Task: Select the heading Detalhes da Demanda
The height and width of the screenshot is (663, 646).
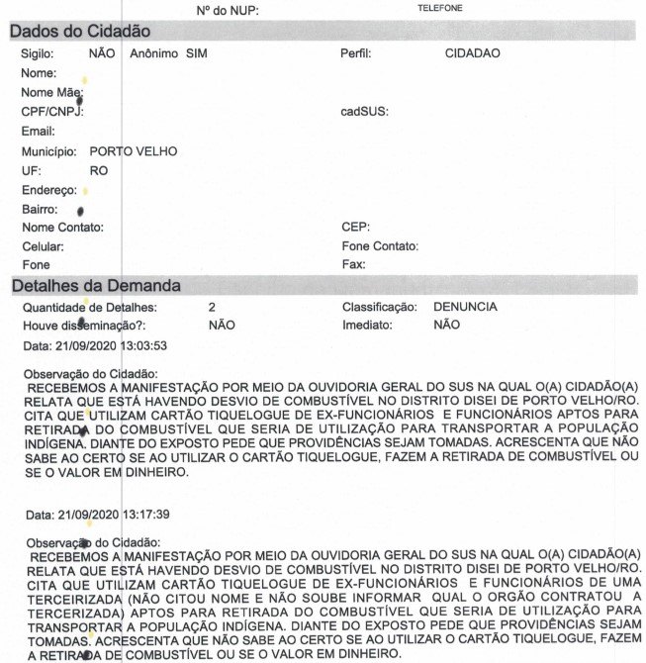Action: pos(95,286)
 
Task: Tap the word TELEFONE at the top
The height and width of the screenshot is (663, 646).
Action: pos(440,8)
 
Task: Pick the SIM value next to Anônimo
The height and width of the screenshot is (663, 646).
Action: pos(197,52)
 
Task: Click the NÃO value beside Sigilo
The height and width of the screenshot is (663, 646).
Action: pos(102,52)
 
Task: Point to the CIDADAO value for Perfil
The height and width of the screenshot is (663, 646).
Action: pos(473,52)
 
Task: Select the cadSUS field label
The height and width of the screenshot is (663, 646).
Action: pos(364,112)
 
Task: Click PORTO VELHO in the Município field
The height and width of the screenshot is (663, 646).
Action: pos(133,152)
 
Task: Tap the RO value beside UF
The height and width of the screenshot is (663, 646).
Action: pos(98,171)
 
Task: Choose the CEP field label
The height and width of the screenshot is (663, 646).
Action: pos(355,228)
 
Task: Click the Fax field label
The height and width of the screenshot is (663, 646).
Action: pos(353,265)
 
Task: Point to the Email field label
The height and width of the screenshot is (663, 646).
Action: pos(39,131)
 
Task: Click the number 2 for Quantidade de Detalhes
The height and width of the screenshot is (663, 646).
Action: pos(212,307)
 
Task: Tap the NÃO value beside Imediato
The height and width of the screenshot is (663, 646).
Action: pos(446,325)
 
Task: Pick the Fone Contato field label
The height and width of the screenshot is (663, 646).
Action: pos(380,246)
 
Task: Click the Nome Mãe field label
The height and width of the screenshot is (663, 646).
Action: pos(51,92)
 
